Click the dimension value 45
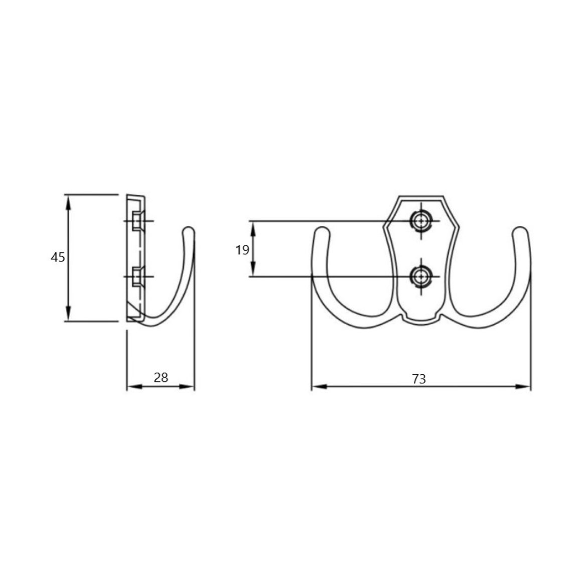click(x=58, y=257)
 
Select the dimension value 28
click(x=161, y=378)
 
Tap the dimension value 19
click(x=242, y=250)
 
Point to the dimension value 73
click(x=419, y=379)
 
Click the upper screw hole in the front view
click(x=420, y=221)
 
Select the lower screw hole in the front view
click(x=420, y=276)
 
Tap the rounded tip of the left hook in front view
click(x=322, y=230)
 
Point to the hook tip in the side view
click(x=189, y=230)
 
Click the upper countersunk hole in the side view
click(x=137, y=221)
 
